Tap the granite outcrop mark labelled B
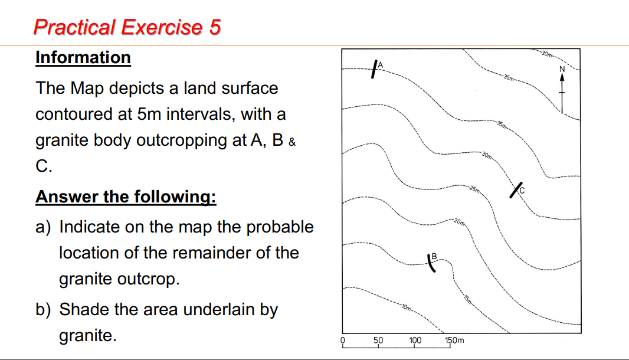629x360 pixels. point(432,263)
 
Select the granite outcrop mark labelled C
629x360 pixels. point(516,191)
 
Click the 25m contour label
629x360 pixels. point(476,189)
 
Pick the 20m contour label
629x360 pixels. point(460,222)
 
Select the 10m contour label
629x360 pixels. point(406,308)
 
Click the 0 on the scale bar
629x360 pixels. point(342,340)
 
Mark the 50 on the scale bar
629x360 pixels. point(378,340)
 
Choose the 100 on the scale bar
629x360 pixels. point(415,340)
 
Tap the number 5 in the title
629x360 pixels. point(214,27)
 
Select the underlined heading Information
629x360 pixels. point(83,58)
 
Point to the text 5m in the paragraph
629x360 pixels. point(152,114)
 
